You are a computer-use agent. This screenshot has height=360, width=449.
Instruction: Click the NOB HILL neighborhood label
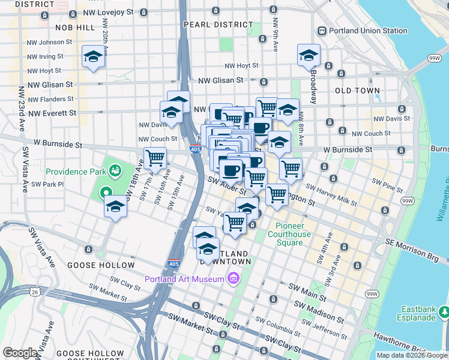point(75,28)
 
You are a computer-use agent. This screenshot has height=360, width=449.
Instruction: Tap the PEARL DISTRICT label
point(218,25)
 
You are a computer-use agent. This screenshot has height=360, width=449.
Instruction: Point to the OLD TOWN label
point(357,91)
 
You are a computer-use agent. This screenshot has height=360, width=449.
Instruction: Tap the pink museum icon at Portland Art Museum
point(233,278)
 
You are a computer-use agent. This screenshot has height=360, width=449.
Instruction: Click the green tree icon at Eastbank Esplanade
point(443,311)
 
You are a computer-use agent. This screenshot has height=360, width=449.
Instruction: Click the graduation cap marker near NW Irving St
point(93,57)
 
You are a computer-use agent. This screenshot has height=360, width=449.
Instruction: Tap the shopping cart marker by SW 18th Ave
point(155,159)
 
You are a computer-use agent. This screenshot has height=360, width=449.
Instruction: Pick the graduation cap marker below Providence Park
point(115,207)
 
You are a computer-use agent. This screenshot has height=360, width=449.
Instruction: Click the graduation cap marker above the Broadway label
point(309,56)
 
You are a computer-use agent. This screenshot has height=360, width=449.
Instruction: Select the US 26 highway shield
point(35,292)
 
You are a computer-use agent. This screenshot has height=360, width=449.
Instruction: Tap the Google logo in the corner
point(20,353)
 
